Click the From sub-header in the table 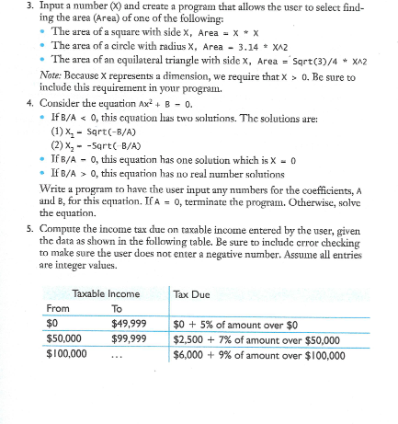click(x=58, y=309)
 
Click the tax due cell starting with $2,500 click(x=259, y=338)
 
